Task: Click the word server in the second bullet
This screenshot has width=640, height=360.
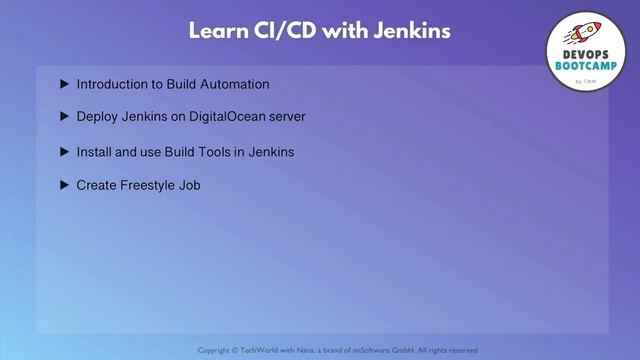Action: (x=286, y=117)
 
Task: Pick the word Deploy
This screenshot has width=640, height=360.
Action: (x=97, y=117)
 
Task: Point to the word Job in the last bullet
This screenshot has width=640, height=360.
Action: (x=190, y=185)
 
